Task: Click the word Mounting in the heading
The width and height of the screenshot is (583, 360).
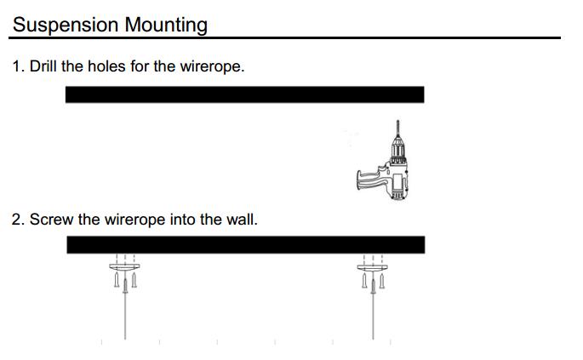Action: click(x=166, y=25)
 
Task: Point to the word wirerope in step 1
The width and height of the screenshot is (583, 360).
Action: click(x=209, y=66)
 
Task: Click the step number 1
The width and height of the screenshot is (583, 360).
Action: click(x=17, y=66)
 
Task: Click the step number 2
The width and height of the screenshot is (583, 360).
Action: click(x=17, y=220)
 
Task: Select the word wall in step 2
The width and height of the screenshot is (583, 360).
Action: click(x=241, y=220)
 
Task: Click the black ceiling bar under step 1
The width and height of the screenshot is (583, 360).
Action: click(x=244, y=94)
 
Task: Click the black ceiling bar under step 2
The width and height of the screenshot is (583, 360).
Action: click(x=245, y=244)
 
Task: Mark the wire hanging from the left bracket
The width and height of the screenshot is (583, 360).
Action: click(x=125, y=315)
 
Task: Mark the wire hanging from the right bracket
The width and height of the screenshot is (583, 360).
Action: click(x=373, y=315)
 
